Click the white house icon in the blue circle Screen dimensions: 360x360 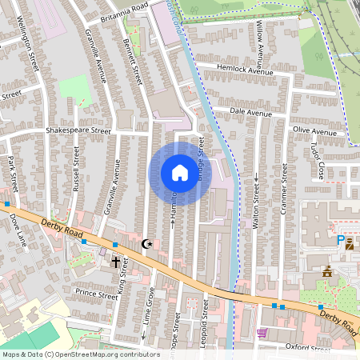point(180,173)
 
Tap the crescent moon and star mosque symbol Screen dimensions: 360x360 point(146,242)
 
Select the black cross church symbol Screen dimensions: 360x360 point(115,262)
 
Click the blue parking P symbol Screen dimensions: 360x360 point(340,240)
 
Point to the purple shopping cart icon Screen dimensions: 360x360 point(262,332)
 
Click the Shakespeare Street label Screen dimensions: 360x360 point(78,130)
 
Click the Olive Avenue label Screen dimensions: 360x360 point(314,130)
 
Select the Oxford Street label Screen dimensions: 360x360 point(307,349)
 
